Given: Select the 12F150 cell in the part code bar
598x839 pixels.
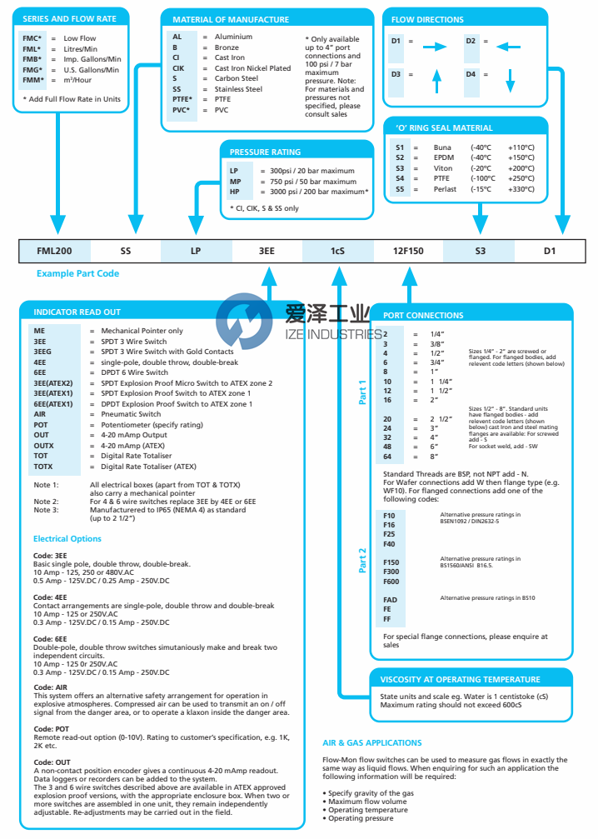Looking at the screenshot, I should [408, 250].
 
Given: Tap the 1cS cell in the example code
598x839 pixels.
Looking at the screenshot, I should [337, 250].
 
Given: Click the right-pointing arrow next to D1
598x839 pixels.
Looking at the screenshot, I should [435, 48].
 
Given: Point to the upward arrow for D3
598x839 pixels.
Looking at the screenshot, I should [435, 81].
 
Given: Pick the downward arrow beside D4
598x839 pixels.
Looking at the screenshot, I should [511, 81].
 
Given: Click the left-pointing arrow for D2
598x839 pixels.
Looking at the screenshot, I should [510, 48].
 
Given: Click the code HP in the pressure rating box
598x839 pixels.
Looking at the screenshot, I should [235, 192].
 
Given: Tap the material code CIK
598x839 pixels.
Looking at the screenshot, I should [178, 68].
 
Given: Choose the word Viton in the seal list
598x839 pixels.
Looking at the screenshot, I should [443, 167].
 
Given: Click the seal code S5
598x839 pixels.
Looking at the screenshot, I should [401, 189].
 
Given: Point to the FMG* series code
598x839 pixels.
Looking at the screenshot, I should [32, 69].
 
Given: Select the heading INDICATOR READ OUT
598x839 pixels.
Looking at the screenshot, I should [77, 312].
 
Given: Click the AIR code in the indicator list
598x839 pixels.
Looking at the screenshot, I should [40, 414].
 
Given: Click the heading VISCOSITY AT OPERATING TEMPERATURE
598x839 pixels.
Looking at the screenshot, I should [460, 679].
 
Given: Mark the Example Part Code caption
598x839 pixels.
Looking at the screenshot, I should [77, 273].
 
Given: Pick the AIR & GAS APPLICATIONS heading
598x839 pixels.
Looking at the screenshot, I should [371, 742].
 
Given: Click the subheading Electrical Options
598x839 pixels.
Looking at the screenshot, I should [67, 539].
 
